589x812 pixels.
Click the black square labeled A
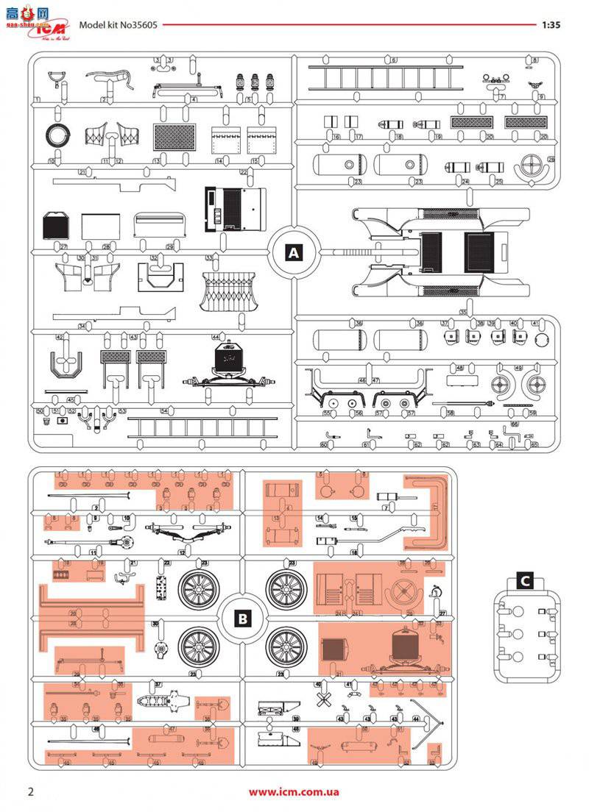pyautogui.click(x=294, y=252)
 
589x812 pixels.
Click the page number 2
pyautogui.click(x=31, y=791)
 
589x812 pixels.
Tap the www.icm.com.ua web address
pyautogui.click(x=294, y=792)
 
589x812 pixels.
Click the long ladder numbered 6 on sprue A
pyautogui.click(x=392, y=76)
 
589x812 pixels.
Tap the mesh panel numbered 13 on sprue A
pyautogui.click(x=174, y=138)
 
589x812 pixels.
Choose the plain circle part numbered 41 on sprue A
pyautogui.click(x=542, y=340)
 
